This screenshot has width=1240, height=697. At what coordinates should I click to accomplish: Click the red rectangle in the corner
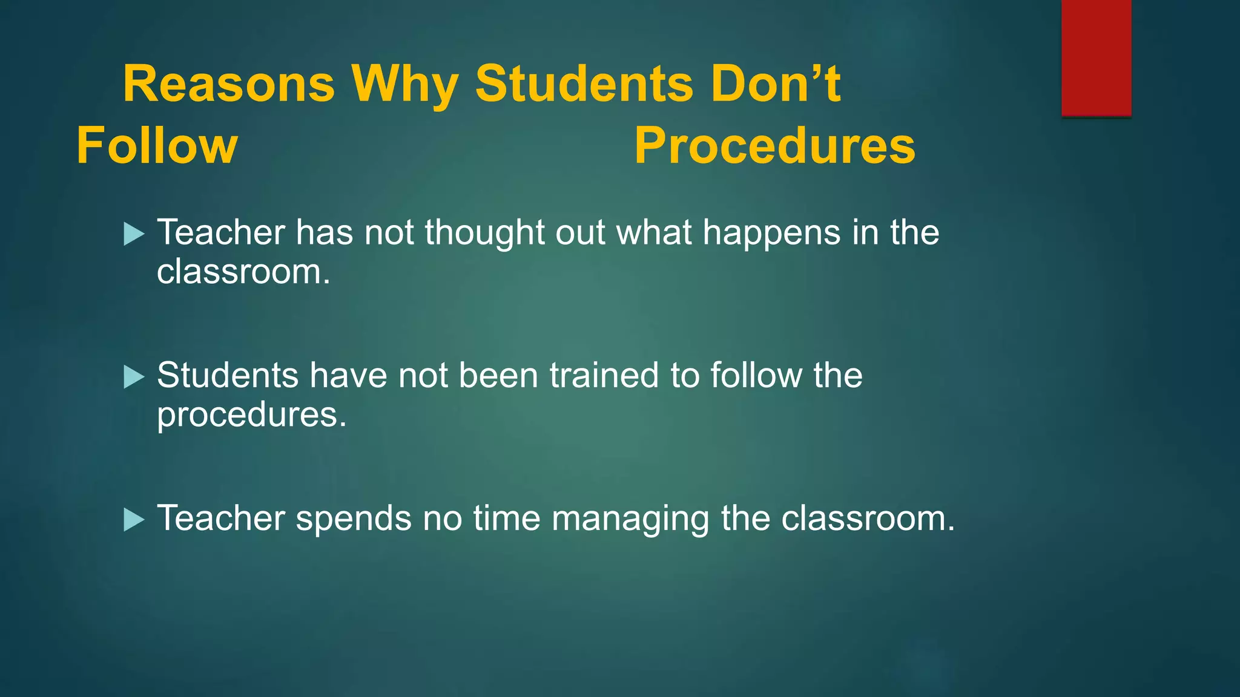pyautogui.click(x=1096, y=57)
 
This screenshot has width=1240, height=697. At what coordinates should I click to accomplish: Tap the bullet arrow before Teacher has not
pyautogui.click(x=133, y=234)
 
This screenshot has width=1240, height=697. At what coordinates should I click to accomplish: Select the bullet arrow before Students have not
pyautogui.click(x=133, y=376)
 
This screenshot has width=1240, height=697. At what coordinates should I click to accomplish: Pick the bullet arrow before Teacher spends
pyautogui.click(x=133, y=519)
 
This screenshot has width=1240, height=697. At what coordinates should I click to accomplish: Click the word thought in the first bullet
pyautogui.click(x=484, y=232)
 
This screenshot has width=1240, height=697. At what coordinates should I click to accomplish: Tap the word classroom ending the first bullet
pyautogui.click(x=243, y=272)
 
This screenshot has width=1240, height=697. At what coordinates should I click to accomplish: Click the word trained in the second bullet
pyautogui.click(x=604, y=375)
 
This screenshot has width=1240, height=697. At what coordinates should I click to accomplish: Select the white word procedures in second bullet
pyautogui.click(x=251, y=415)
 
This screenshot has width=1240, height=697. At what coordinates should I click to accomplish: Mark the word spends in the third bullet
pyautogui.click(x=353, y=519)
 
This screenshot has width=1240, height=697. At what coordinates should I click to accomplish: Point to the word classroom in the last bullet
pyautogui.click(x=866, y=519)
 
